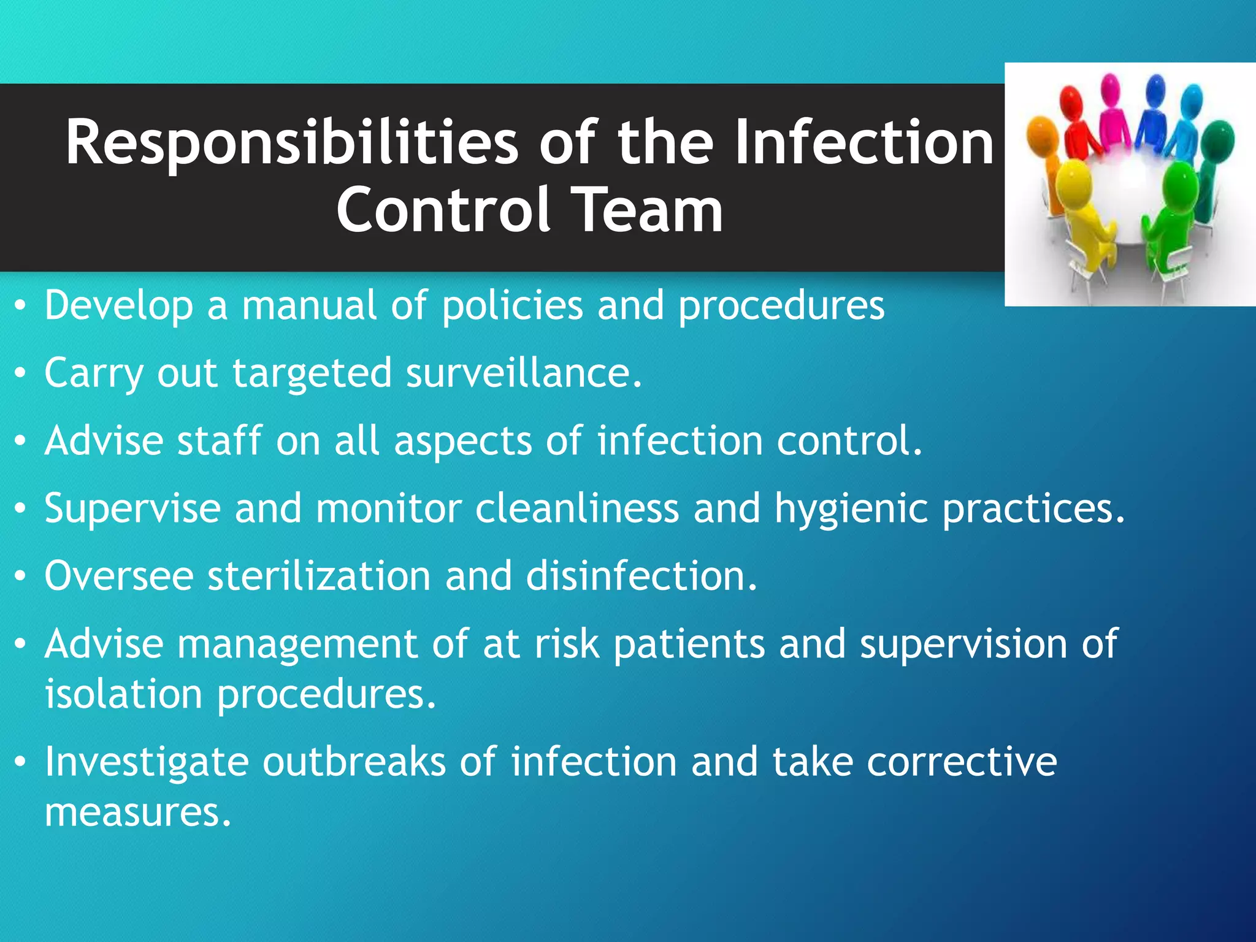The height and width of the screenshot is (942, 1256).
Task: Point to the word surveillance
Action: coord(524,373)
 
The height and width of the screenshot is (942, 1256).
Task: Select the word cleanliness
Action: coord(576,508)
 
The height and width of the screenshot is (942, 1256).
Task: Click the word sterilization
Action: coord(319,576)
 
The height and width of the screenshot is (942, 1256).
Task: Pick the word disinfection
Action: coord(641,576)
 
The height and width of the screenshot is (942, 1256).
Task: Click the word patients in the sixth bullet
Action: coord(689,644)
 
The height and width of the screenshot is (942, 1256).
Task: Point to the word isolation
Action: coord(123,694)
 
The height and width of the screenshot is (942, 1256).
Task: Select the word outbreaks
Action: coord(354,762)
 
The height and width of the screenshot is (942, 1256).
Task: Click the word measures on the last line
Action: coord(137,813)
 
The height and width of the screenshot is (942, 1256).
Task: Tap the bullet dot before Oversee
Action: coord(21,576)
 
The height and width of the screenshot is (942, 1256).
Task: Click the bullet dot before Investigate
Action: coord(21,762)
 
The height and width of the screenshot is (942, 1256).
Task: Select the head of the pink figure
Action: coord(1110,88)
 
